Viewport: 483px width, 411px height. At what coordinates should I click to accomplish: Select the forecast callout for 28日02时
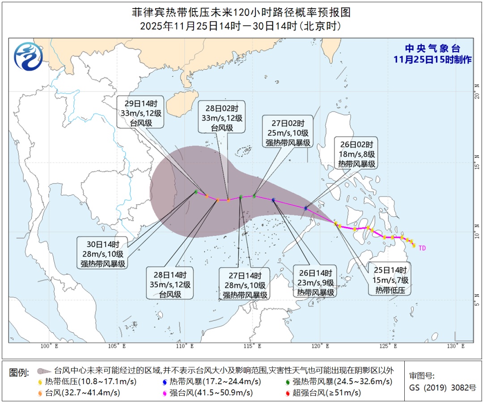pos(222,116)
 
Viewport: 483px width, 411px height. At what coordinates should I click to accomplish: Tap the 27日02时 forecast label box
pos(288,133)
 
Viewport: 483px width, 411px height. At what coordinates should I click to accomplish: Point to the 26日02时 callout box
pos(356,154)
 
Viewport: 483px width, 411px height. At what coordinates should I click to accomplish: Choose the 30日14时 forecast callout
pos(103,254)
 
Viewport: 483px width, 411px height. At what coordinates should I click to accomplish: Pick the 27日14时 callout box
pos(245,285)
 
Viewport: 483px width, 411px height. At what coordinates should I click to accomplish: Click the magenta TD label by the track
pos(422,247)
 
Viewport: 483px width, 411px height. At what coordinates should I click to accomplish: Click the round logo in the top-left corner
pos(28,57)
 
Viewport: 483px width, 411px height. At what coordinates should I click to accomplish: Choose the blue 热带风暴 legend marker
pos(165,382)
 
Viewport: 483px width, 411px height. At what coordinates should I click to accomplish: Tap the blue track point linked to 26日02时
pos(306,208)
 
